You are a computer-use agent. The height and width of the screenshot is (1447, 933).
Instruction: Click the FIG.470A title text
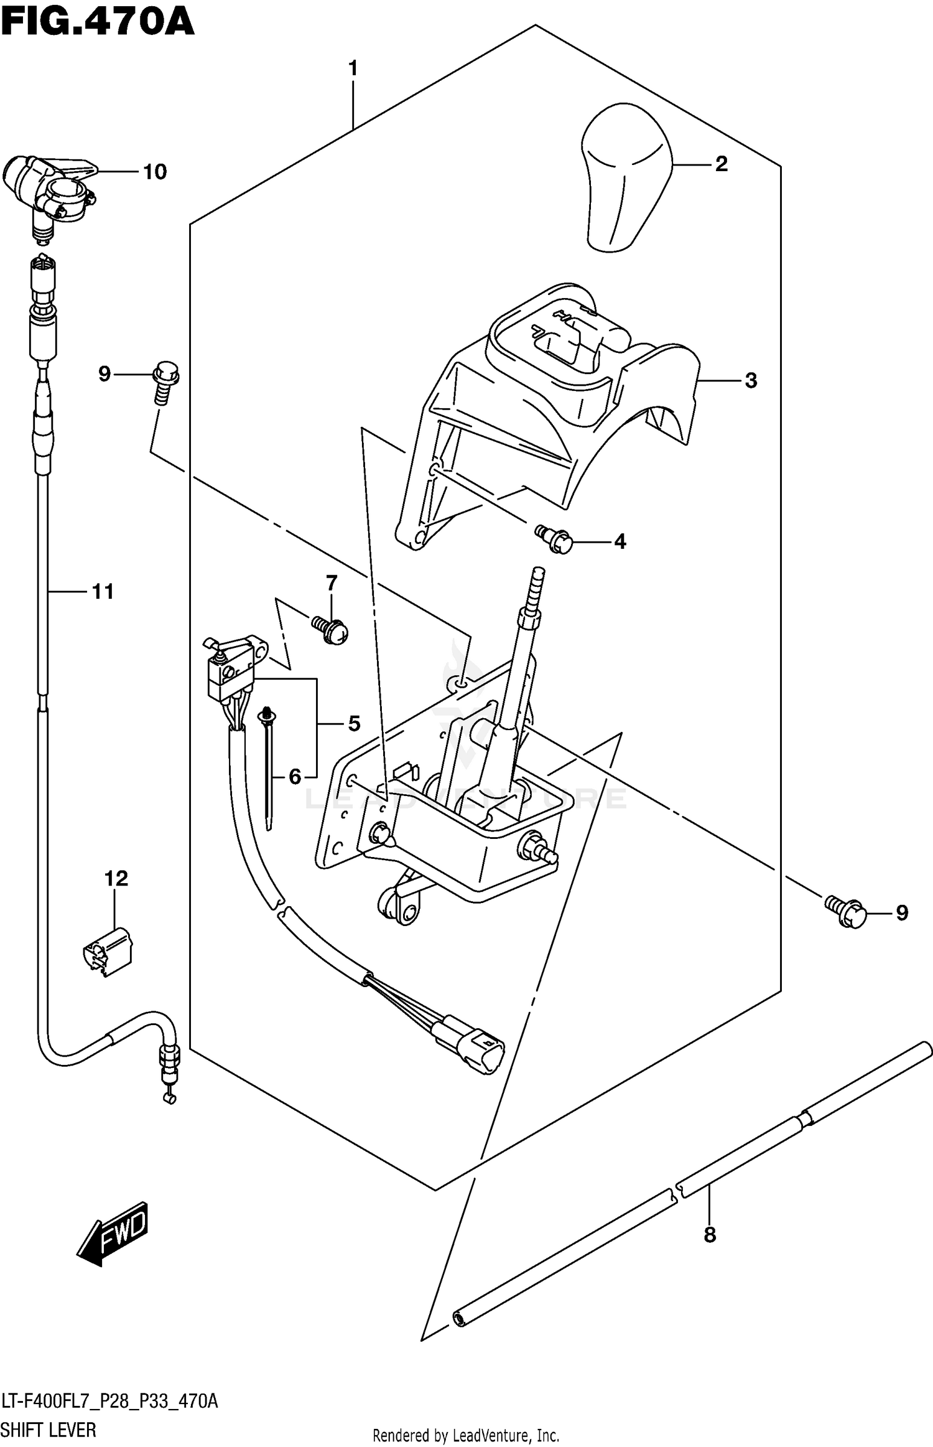(x=98, y=23)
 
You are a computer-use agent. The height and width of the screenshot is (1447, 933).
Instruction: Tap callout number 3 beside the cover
(x=751, y=381)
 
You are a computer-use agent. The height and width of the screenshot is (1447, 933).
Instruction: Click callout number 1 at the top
(x=353, y=68)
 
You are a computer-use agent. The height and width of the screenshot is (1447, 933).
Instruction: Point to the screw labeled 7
(x=330, y=632)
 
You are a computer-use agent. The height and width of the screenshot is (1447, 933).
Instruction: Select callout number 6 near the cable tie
(x=295, y=776)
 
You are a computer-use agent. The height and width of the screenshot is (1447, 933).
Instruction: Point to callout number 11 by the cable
(x=103, y=592)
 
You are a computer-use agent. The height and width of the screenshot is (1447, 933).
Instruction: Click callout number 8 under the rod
(x=710, y=1235)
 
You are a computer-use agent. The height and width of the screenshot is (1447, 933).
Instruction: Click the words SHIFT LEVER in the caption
(x=49, y=1430)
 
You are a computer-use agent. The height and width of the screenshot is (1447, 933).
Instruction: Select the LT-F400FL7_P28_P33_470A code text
(x=109, y=1402)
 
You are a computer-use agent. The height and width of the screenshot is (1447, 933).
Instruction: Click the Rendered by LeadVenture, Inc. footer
(x=466, y=1436)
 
